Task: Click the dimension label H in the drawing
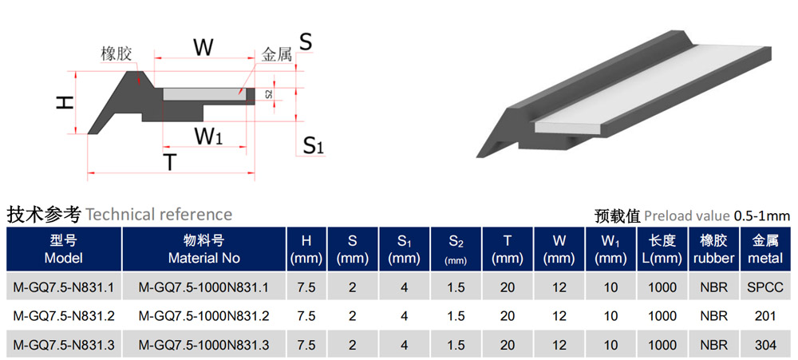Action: [x=65, y=102]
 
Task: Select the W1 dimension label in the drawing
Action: [x=208, y=136]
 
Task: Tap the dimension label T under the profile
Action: [x=170, y=162]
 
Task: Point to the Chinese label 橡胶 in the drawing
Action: [x=117, y=54]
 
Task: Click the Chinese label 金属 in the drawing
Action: [x=277, y=54]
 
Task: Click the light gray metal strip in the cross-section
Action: [x=204, y=93]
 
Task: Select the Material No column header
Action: [x=204, y=249]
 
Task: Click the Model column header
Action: [x=64, y=249]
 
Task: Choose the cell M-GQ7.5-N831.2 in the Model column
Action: [x=64, y=316]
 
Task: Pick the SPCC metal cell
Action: [x=766, y=287]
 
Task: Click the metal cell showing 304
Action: [x=766, y=346]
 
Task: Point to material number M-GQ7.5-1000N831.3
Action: [x=204, y=346]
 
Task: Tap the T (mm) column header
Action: [x=508, y=249]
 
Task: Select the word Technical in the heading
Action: [x=120, y=215]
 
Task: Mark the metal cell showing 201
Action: [x=766, y=316]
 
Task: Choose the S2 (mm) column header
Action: [x=456, y=249]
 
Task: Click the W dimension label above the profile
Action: [x=203, y=47]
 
